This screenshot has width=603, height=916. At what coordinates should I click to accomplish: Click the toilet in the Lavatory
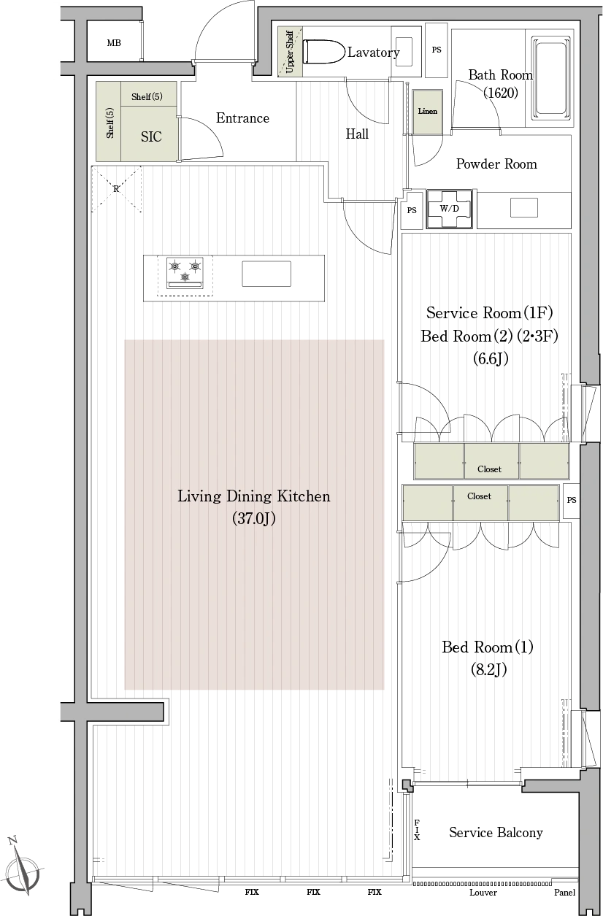click(x=323, y=52)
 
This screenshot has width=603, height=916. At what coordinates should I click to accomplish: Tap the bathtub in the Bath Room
click(x=550, y=77)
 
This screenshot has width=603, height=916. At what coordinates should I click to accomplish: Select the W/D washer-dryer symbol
click(x=449, y=209)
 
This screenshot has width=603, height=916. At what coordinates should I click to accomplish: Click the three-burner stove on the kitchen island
click(x=185, y=273)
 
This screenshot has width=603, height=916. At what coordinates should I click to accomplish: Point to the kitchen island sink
click(x=266, y=274)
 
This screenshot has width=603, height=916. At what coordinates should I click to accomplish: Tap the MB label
click(x=114, y=43)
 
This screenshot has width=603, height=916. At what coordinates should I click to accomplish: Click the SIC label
click(x=151, y=136)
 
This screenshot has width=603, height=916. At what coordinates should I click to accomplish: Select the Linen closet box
click(x=428, y=112)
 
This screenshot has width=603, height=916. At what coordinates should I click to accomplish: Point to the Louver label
click(x=483, y=893)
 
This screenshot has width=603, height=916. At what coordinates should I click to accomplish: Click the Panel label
click(x=564, y=893)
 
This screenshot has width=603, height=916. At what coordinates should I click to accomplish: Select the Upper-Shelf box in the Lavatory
click(x=290, y=52)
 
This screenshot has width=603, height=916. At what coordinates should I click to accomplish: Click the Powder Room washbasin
click(x=524, y=208)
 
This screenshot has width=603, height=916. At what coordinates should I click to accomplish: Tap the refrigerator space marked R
click(x=116, y=189)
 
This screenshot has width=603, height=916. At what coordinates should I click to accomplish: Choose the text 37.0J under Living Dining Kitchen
click(x=253, y=518)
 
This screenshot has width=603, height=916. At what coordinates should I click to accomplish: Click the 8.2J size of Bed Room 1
click(x=488, y=670)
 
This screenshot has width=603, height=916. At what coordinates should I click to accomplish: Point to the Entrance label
click(x=242, y=118)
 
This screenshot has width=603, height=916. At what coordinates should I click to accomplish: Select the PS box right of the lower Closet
click(x=571, y=501)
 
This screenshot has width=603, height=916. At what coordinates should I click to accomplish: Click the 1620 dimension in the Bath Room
click(x=501, y=93)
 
